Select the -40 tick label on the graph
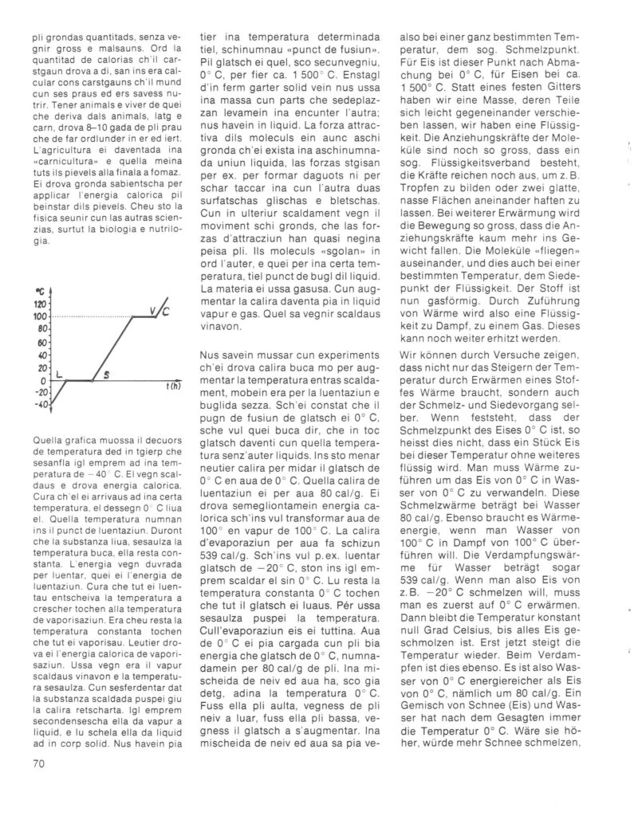(40, 405)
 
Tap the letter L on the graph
(59, 373)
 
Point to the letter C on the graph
(166, 313)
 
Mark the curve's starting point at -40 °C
(51, 405)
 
